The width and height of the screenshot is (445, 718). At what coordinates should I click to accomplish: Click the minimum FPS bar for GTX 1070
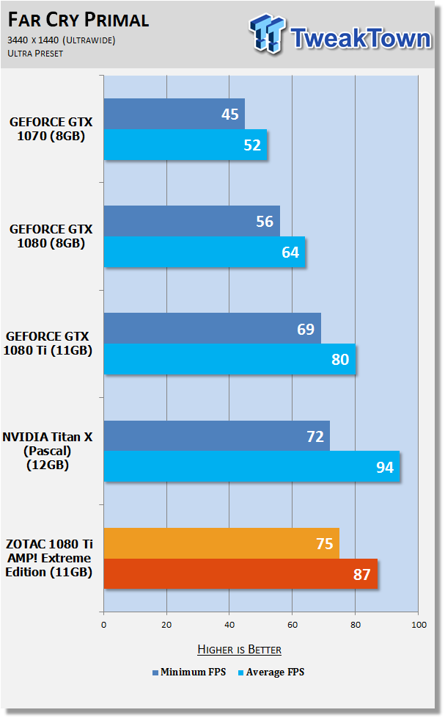pyautogui.click(x=174, y=114)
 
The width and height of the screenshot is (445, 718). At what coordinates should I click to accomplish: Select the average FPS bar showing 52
pyautogui.click(x=185, y=145)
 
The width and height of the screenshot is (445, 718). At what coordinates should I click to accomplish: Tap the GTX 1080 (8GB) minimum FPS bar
pyautogui.click(x=191, y=221)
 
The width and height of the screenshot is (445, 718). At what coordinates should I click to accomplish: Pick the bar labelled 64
pyautogui.click(x=205, y=252)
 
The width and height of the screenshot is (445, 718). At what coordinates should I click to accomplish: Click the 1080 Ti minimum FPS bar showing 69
pyautogui.click(x=212, y=328)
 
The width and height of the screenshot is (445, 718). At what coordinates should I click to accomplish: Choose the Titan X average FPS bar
pyautogui.click(x=251, y=466)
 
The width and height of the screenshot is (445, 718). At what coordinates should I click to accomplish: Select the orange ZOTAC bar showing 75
pyautogui.click(x=221, y=543)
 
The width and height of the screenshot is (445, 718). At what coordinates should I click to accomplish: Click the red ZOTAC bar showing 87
pyautogui.click(x=240, y=574)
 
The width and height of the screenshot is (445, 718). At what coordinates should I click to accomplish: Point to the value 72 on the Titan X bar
pyautogui.click(x=315, y=436)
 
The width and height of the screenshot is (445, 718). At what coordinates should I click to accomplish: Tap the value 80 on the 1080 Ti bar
pyautogui.click(x=340, y=360)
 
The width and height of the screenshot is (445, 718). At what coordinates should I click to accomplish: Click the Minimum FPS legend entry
pyautogui.click(x=189, y=672)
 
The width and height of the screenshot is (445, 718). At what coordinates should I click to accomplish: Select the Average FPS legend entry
pyautogui.click(x=271, y=672)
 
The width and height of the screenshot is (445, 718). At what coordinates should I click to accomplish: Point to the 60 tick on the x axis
pyautogui.click(x=293, y=625)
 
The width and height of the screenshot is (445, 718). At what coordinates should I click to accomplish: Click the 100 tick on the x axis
pyautogui.click(x=419, y=625)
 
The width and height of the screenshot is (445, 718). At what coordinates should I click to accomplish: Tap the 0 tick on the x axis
pyautogui.click(x=104, y=625)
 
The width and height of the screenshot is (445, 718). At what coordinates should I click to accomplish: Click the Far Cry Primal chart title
pyautogui.click(x=78, y=20)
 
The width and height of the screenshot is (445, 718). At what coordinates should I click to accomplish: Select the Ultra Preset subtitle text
pyautogui.click(x=35, y=54)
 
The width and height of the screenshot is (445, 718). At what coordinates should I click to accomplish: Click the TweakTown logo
pyautogui.click(x=340, y=35)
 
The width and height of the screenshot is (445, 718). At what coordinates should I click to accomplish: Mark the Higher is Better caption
pyautogui.click(x=239, y=649)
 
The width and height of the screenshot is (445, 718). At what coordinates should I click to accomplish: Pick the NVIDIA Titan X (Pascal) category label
pyautogui.click(x=48, y=451)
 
